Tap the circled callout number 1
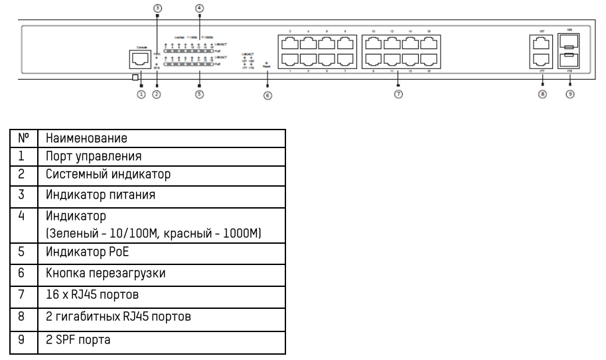click(141, 94)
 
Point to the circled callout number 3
click(157, 8)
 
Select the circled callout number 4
click(199, 8)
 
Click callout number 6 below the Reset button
click(267, 96)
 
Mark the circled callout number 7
click(398, 94)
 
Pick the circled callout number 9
click(569, 94)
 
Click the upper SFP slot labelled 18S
click(570, 45)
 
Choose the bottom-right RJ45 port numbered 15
click(429, 60)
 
